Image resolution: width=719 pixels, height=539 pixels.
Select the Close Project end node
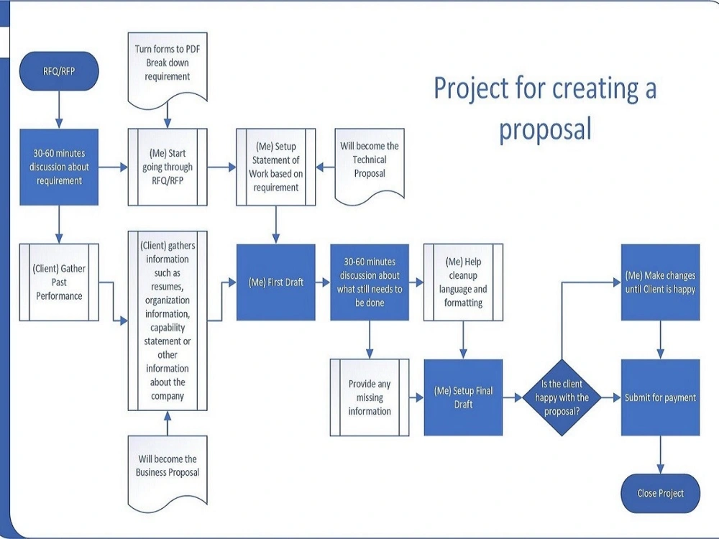[660, 493]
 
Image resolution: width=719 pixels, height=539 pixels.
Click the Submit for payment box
[660, 397]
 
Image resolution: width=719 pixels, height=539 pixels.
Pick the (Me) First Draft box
[276, 282]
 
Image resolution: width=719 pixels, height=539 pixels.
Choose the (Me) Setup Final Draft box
[463, 397]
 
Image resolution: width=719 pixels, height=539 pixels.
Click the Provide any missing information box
[370, 397]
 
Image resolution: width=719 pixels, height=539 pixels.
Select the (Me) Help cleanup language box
[463, 282]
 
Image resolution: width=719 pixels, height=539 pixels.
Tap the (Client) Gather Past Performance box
[58, 282]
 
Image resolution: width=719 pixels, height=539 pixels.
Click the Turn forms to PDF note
[168, 63]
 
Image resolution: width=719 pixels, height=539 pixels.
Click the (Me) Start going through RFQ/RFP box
[168, 167]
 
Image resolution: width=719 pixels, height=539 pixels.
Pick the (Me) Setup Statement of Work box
[276, 167]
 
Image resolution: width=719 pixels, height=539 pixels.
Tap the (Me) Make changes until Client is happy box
[660, 282]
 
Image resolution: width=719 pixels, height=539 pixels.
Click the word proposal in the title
[545, 129]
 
